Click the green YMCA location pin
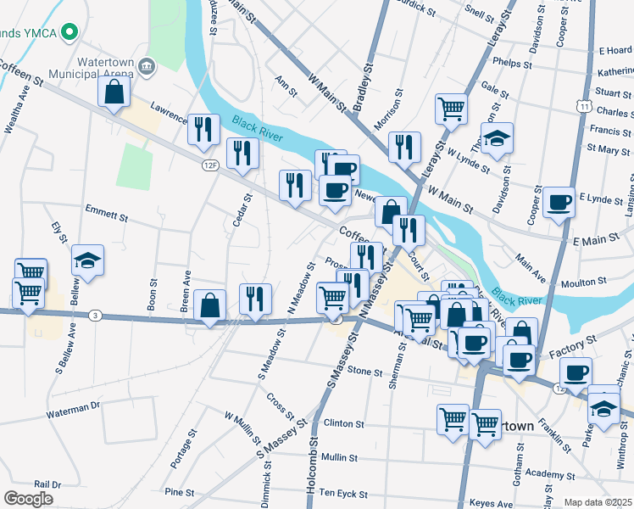pyautogui.click(x=73, y=33)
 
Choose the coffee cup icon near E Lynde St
pyautogui.click(x=559, y=204)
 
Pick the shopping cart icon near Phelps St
pyautogui.click(x=451, y=109)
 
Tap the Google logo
pyautogui.click(x=28, y=498)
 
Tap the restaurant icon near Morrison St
pyautogui.click(x=405, y=147)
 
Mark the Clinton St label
pyautogui.click(x=342, y=422)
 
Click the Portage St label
pyautogui.click(x=178, y=452)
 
